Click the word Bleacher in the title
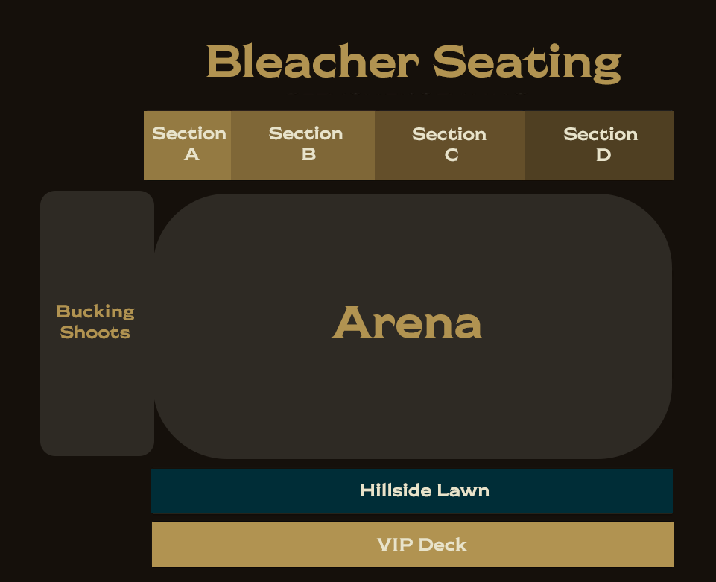click(311, 61)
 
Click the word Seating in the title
click(527, 63)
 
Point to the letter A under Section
click(191, 154)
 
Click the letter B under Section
click(308, 154)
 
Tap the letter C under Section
click(452, 155)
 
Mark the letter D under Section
click(603, 155)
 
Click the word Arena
click(407, 323)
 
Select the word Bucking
click(95, 311)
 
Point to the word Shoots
click(95, 332)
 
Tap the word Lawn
click(465, 490)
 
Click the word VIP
click(395, 545)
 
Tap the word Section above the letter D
click(601, 134)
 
